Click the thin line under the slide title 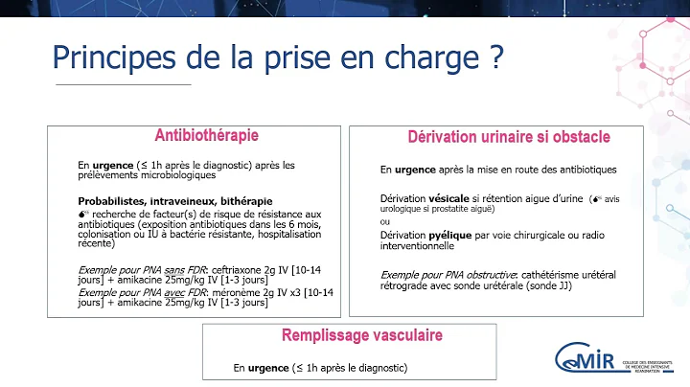point(124,85)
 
